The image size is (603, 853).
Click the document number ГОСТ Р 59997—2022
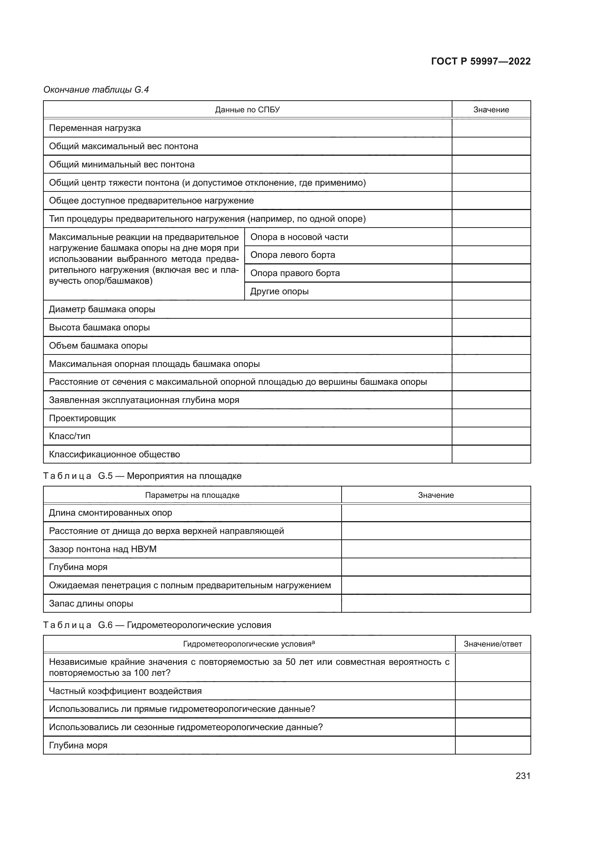(481, 61)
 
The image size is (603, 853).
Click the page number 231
(523, 776)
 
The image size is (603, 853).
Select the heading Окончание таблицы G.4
(96, 90)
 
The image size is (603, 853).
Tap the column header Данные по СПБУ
(247, 110)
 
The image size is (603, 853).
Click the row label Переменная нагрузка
(95, 128)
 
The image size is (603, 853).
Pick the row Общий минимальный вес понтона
(121, 164)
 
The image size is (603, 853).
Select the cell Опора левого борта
(293, 255)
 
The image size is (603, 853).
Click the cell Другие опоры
(279, 291)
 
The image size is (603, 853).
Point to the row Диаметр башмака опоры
(102, 310)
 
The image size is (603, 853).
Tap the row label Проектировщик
(82, 418)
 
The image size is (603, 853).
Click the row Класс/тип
(69, 436)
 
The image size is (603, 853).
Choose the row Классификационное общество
(114, 454)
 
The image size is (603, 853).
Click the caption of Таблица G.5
(142, 476)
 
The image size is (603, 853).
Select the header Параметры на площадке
(192, 495)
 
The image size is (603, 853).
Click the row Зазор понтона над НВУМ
(102, 549)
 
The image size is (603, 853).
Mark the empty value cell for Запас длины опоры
(436, 604)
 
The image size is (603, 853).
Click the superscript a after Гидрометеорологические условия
(314, 642)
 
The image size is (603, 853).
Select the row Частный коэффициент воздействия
(125, 691)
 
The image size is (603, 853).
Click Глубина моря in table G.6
(78, 746)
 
